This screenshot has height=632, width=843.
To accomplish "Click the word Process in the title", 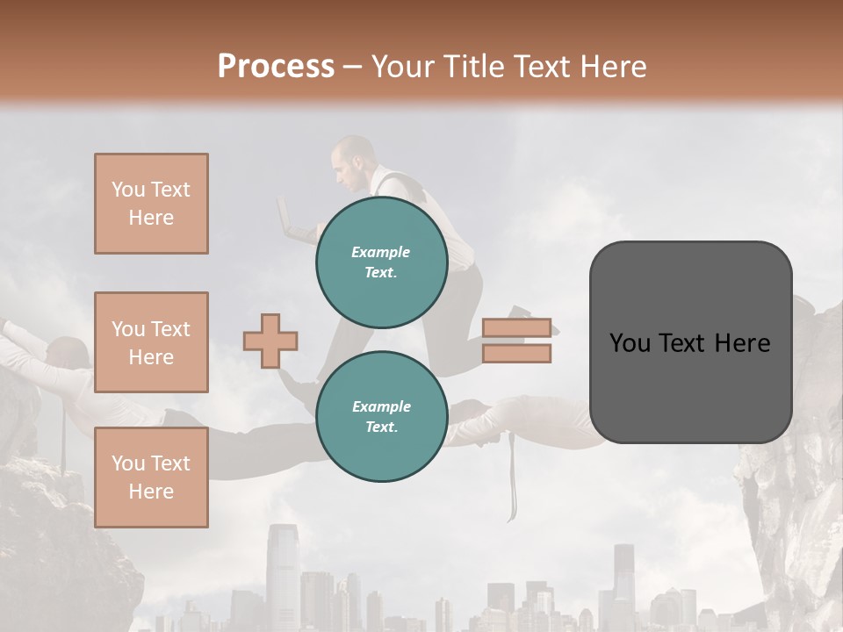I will (x=276, y=67).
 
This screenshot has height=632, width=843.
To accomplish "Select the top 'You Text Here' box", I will (x=151, y=204).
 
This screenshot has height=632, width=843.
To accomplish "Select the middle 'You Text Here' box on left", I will (x=151, y=342).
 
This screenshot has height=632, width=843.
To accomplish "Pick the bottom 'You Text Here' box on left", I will (x=151, y=478).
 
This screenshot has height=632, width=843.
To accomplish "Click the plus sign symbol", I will (x=270, y=340).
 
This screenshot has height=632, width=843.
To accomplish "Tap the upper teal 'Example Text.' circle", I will (x=381, y=262).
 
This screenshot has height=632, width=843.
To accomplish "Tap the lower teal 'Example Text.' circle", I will (x=381, y=417).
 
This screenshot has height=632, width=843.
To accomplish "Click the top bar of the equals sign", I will (x=516, y=327).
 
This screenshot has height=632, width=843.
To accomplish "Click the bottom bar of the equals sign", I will (x=516, y=354).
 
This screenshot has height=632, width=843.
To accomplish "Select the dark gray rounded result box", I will (x=690, y=341).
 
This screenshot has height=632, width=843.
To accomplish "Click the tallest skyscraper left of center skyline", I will (x=284, y=571).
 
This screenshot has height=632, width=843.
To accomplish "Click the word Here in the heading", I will (x=610, y=67).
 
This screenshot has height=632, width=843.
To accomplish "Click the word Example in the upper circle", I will (x=381, y=252).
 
